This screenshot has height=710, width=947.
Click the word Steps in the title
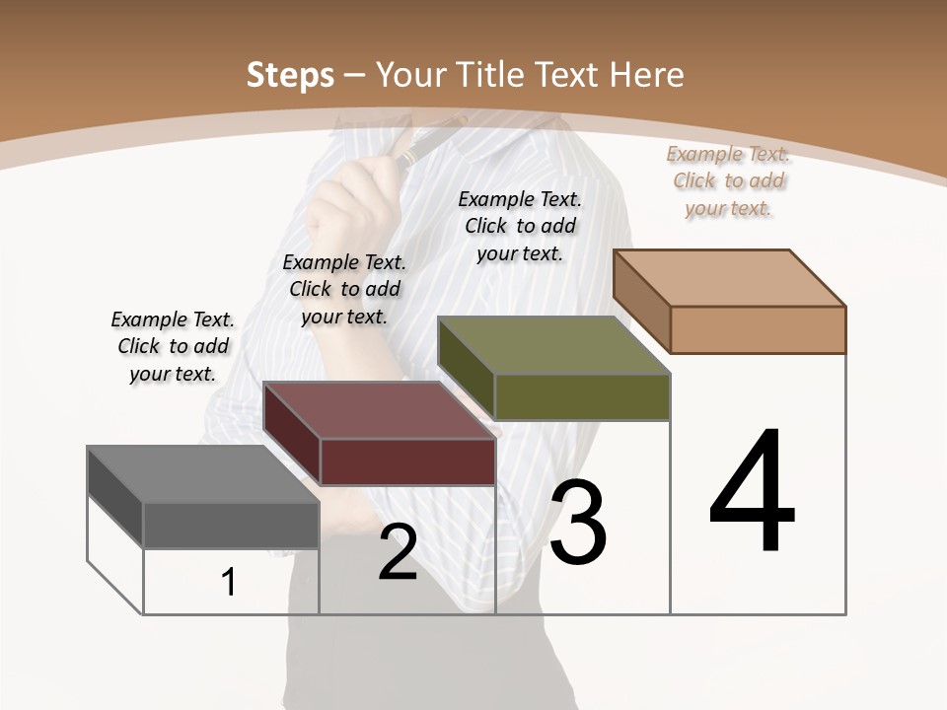pyautogui.click(x=289, y=75)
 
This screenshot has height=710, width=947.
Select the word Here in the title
pyautogui.click(x=647, y=75)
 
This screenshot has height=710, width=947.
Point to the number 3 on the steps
pyautogui.click(x=578, y=523)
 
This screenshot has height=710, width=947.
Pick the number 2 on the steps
pyautogui.click(x=398, y=552)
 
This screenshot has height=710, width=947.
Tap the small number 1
pyautogui.click(x=229, y=582)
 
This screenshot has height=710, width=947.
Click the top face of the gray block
pyautogui.click(x=201, y=474)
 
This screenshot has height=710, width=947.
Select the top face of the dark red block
pyautogui.click(x=379, y=410)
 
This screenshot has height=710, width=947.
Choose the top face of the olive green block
pyautogui.click(x=553, y=345)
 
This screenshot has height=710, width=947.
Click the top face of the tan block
pyautogui.click(x=729, y=278)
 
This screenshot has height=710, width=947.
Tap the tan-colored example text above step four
pyautogui.click(x=728, y=180)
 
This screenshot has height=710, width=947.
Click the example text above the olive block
pyautogui.click(x=520, y=226)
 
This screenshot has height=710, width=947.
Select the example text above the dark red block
pyautogui.click(x=344, y=289)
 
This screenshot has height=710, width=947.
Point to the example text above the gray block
pyautogui.click(x=173, y=346)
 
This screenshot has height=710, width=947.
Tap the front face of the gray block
pyautogui.click(x=231, y=526)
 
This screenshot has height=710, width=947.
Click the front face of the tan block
pyautogui.click(x=758, y=329)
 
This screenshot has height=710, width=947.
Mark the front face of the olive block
pyautogui.click(x=582, y=396)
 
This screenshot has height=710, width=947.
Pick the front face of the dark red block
pyautogui.click(x=407, y=461)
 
